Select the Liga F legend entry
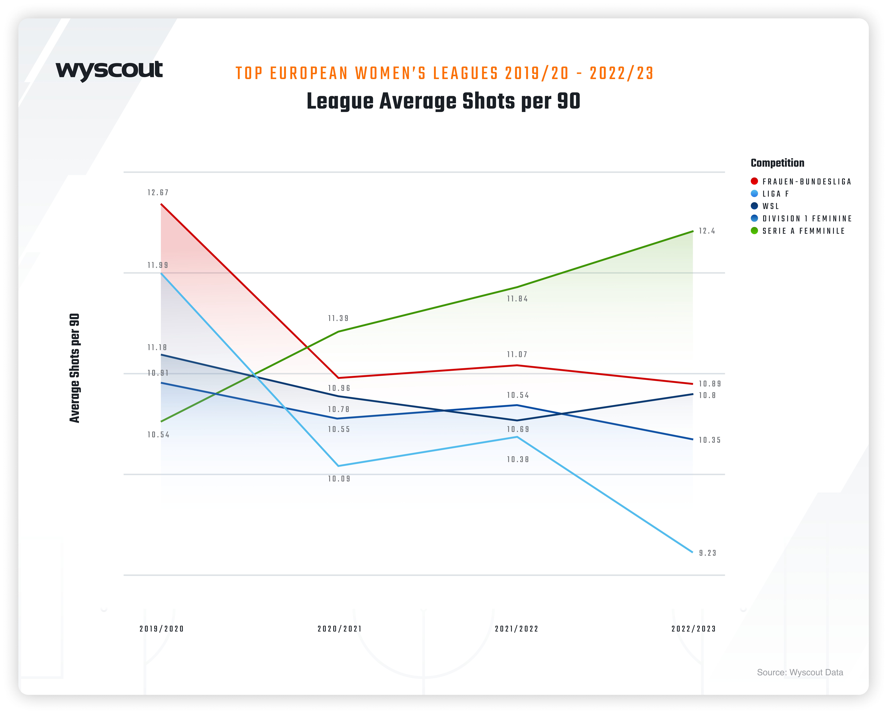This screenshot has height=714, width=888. (775, 194)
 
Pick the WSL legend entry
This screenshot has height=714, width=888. (770, 206)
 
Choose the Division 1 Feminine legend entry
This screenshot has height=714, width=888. (806, 218)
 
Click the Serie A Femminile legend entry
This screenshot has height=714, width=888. (803, 231)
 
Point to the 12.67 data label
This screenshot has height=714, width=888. (158, 193)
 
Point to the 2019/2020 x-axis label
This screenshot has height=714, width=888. (161, 629)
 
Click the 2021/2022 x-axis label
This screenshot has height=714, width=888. (517, 629)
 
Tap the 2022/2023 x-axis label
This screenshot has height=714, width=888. (694, 629)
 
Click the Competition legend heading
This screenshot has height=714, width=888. (777, 163)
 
